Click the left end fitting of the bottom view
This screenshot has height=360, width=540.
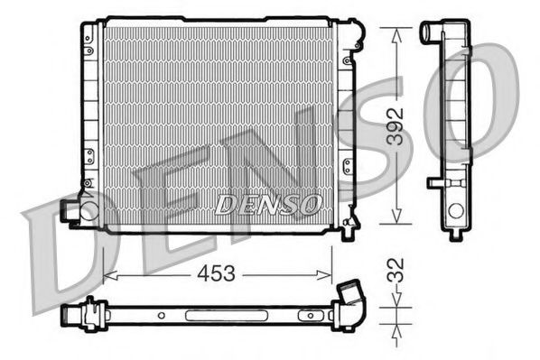72,317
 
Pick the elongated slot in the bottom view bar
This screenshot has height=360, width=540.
209,317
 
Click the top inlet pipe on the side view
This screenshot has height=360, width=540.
431,32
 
